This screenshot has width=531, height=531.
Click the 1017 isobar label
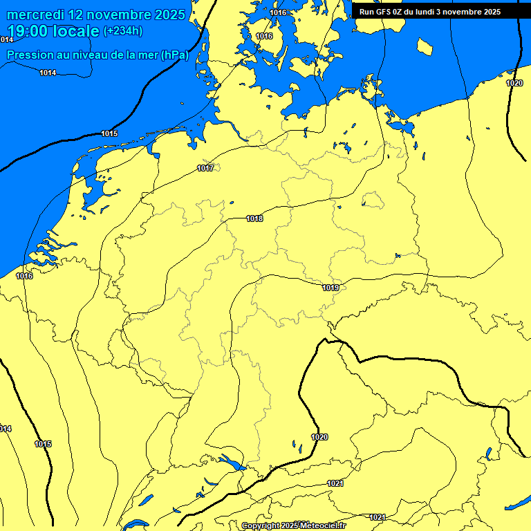coord(205,168)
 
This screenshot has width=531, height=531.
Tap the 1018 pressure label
coord(254,218)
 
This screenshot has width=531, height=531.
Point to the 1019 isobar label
coord(330,288)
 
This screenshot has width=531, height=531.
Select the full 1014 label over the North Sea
coord(48,73)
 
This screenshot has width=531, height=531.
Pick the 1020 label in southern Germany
coord(319,437)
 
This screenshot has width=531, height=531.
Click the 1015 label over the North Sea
coord(109,133)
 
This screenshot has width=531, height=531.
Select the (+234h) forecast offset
coord(123,31)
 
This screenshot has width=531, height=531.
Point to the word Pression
coord(30,55)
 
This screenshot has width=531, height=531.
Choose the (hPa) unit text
coord(174,55)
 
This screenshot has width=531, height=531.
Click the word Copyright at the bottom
coord(260,526)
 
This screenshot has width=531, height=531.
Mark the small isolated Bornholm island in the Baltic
coord(425,46)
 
